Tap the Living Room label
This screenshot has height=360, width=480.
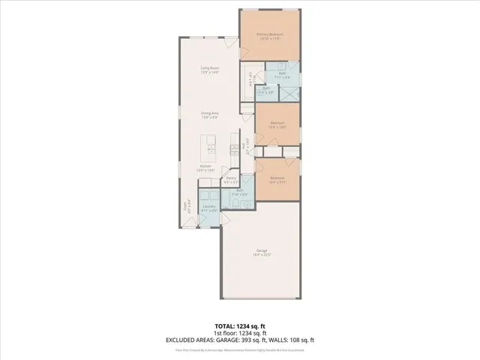pyautogui.click(x=209, y=70)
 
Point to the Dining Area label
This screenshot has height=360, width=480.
pyautogui.click(x=209, y=115)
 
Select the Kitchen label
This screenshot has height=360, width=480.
pyautogui.click(x=205, y=168)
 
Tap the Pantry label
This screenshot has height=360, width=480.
pyautogui.click(x=232, y=180)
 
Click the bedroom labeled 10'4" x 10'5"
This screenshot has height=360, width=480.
pyautogui.click(x=277, y=124)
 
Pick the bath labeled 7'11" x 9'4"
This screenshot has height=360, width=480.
pyautogui.click(x=282, y=74)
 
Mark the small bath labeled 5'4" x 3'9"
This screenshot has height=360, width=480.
pyautogui.click(x=266, y=90)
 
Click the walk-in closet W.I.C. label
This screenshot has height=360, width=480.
pyautogui.click(x=250, y=76)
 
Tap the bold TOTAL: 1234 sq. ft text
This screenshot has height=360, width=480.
pyautogui.click(x=240, y=327)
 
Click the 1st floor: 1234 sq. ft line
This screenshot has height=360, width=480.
pyautogui.click(x=240, y=333)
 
